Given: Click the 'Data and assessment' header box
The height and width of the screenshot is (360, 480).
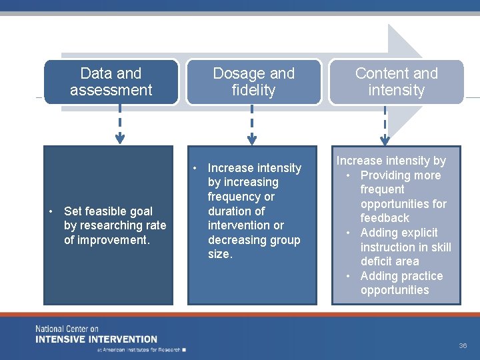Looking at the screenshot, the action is point(111,82).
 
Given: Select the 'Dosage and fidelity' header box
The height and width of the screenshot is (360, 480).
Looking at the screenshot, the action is point(253,82).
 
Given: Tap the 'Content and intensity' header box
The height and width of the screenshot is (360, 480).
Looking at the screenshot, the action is point(396,82).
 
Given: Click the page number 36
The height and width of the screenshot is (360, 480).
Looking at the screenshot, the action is point(463,346).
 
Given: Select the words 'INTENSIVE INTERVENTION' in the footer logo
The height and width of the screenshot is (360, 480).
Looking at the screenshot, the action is point(97,339).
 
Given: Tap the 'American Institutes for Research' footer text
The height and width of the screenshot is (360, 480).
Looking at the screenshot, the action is point(140,349).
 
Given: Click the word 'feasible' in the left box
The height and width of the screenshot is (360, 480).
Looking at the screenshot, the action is point(109,211).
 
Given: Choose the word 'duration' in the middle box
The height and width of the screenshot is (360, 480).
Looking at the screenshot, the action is point(227,211).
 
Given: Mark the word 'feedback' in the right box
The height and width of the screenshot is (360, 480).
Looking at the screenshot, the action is point(385,218).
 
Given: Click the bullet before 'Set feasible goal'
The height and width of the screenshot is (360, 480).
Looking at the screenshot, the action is point(51,212).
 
